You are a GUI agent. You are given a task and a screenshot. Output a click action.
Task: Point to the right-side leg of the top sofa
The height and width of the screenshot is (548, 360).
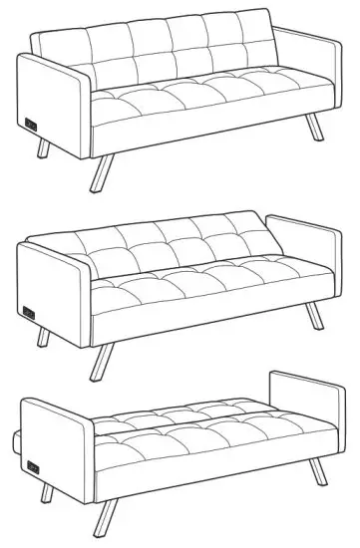[x=315, y=127]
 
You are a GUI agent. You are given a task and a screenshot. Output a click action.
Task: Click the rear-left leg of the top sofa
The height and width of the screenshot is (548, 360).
[x=42, y=148]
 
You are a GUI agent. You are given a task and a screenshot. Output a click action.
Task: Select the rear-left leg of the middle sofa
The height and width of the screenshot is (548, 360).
[x=42, y=337]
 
